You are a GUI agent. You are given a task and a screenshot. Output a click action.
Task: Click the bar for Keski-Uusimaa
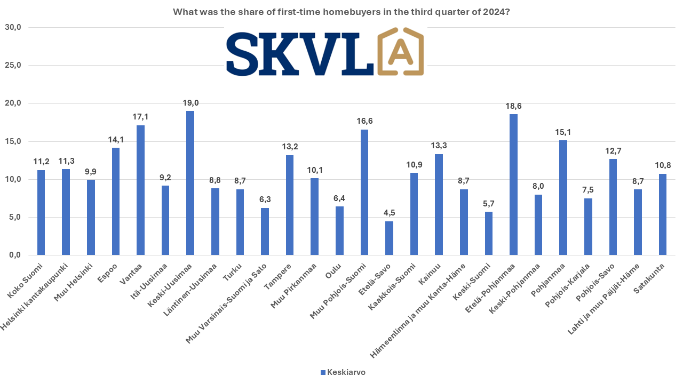(190, 183)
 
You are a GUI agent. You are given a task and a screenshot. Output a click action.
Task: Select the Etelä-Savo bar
(389, 238)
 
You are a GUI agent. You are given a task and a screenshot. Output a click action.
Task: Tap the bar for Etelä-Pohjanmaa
(513, 185)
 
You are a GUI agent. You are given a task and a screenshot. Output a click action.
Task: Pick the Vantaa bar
(140, 190)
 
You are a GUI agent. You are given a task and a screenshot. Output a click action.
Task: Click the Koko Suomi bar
(41, 212)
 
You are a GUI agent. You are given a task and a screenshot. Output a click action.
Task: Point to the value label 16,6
(364, 121)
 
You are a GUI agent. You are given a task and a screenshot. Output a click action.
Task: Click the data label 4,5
(389, 213)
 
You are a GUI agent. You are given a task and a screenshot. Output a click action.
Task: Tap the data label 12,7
(613, 150)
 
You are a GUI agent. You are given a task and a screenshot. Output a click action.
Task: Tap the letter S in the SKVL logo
(244, 55)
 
